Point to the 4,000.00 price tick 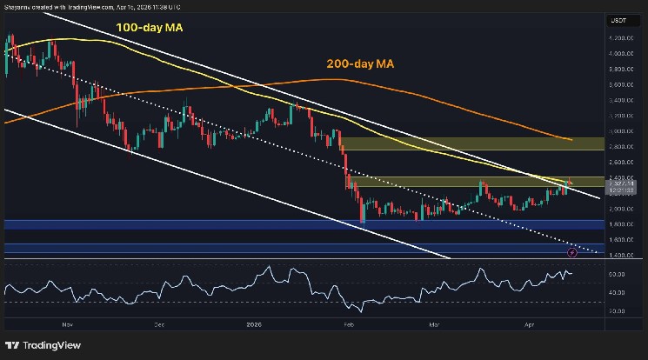pos(620,54)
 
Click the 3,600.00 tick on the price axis pos(620,85)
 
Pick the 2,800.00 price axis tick pos(620,147)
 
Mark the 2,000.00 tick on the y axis pos(620,209)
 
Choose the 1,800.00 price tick pos(620,224)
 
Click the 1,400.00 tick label pos(620,255)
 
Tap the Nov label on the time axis pos(66,320)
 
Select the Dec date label pos(160,320)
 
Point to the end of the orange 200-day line pos(571,139)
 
